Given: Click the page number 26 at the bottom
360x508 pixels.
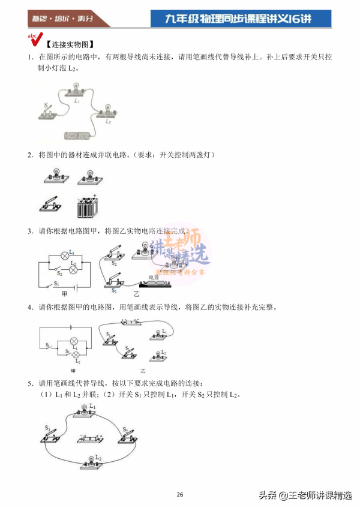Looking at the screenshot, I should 180,494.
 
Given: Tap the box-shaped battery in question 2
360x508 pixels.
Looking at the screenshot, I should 87,208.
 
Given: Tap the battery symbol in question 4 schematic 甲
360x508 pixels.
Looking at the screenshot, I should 70,327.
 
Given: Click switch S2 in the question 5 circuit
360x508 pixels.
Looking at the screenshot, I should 127,436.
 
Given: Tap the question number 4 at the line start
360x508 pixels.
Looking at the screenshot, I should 29,307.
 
